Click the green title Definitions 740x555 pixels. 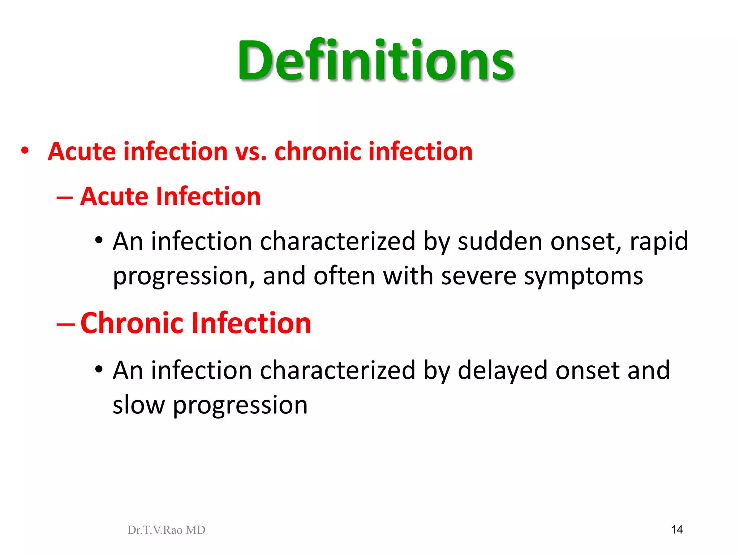click(376, 60)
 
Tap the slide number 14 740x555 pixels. click(677, 530)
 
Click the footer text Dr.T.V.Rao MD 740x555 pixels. click(166, 530)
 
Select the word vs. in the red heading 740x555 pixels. click(251, 152)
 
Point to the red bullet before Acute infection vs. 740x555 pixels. click(25, 150)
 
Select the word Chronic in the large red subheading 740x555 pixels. click(132, 323)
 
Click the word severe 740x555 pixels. click(478, 276)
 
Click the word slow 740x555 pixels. click(139, 405)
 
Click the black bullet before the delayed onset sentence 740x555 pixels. click(99, 370)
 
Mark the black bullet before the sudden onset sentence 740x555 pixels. click(99, 240)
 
